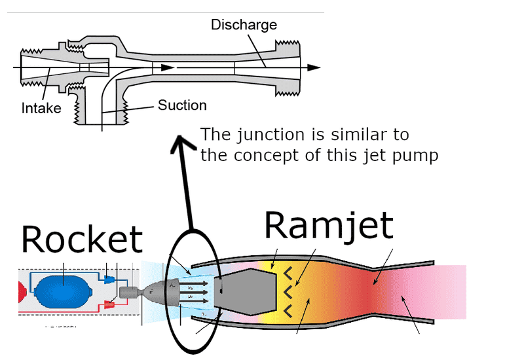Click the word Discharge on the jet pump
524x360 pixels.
[x=244, y=26]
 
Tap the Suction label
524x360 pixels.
[x=182, y=105]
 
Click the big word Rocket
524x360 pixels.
[x=81, y=240]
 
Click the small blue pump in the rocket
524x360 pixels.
[x=109, y=279]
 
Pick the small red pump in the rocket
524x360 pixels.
[x=109, y=304]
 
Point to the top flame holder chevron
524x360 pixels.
[x=286, y=271]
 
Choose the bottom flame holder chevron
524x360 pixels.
[x=286, y=308]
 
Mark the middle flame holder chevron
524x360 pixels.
[x=286, y=289]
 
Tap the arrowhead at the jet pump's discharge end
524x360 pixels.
[x=314, y=67]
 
